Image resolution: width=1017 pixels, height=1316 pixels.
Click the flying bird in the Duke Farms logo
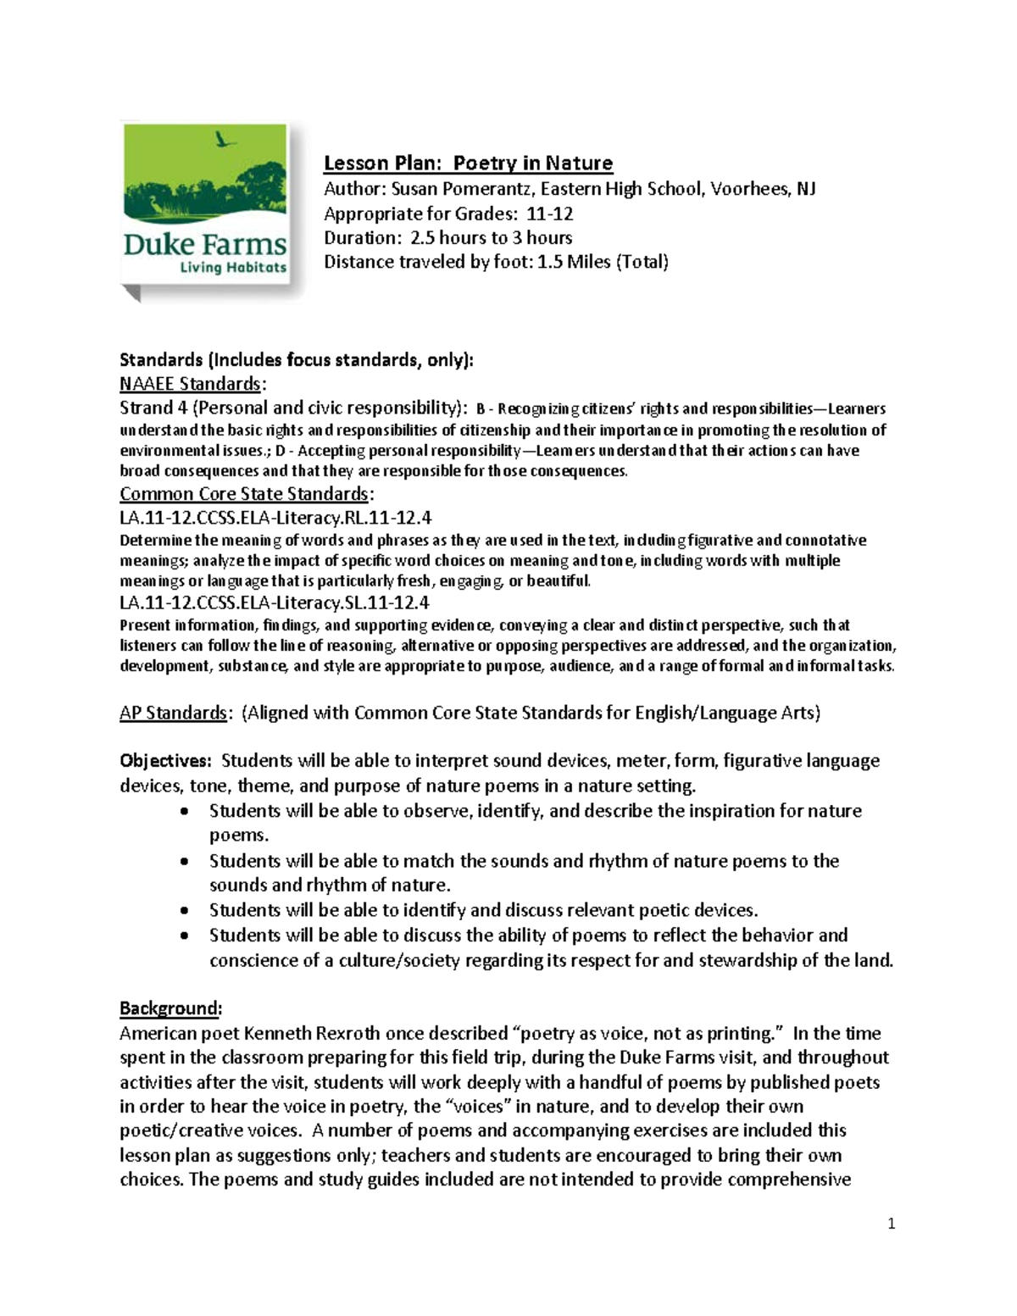point(225,141)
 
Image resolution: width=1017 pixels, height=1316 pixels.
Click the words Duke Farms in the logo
point(205,245)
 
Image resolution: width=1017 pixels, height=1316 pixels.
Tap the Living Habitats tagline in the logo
point(233,268)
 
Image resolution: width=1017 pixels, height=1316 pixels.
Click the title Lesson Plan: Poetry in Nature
point(468,163)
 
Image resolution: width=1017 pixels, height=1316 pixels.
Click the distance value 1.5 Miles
point(575,262)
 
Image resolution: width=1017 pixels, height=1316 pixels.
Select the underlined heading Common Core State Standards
point(244,494)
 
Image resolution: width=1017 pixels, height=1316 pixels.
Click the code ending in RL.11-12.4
point(275,518)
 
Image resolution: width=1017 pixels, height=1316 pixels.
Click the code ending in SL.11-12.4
point(275,602)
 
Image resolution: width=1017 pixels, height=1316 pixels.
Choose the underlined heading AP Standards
point(173,713)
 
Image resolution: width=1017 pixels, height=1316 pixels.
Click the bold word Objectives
point(164,761)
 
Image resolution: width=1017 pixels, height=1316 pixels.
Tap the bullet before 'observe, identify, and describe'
point(186,811)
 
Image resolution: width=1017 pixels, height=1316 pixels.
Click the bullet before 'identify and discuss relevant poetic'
point(186,911)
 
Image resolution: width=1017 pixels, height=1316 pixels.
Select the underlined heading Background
point(170,1008)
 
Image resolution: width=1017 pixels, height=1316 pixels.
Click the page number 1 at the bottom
point(892,1224)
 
